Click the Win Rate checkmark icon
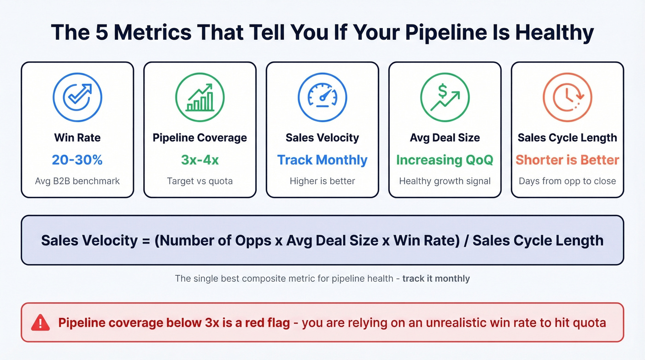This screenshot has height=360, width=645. coord(77,97)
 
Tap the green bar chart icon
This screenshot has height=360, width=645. coord(200,97)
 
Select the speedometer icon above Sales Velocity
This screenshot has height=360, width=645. coord(322,97)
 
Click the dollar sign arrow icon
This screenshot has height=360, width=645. coord(445,97)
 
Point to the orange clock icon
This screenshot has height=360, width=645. coord(568,97)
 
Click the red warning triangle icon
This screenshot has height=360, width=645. coord(41,322)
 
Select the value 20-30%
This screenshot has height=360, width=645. coord(77,160)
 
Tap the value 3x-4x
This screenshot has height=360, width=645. coord(200,160)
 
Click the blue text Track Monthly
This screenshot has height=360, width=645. coord(322,160)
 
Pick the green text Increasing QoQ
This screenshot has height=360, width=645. coord(445,160)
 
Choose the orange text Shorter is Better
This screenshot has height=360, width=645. coord(568,160)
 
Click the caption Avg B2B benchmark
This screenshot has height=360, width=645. coord(77,181)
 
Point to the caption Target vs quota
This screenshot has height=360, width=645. coord(200,181)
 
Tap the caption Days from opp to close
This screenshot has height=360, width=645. coord(568,181)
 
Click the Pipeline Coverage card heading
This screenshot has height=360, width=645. coord(200,138)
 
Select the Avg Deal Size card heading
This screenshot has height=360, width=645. coord(445,138)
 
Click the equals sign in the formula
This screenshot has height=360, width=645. coord(145,240)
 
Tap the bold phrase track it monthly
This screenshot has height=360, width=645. coord(436,278)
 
